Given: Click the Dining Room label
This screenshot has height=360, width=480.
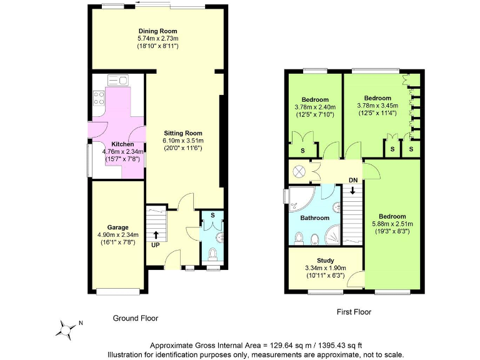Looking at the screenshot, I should click(157, 31).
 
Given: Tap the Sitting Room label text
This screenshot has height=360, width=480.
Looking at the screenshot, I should click(183, 133).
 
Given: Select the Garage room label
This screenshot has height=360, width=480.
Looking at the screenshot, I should click(117, 227).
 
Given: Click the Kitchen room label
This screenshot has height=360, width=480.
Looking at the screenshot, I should click(122, 144).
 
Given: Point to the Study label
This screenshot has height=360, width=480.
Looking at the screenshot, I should click(325, 261).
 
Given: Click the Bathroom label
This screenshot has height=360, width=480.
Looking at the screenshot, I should click(314, 218).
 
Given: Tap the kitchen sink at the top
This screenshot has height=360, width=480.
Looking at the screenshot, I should click(117, 80).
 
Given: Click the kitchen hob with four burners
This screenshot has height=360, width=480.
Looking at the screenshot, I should click(99, 97).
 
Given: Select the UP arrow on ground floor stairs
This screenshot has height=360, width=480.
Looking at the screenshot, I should click(156, 236).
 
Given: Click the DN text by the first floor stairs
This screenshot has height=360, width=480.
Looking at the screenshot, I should click(353, 181).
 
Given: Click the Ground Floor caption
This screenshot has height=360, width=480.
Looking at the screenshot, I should click(135, 318).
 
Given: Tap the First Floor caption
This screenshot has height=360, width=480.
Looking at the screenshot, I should click(354, 311).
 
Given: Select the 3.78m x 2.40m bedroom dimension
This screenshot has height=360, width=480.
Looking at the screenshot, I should click(315, 107).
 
